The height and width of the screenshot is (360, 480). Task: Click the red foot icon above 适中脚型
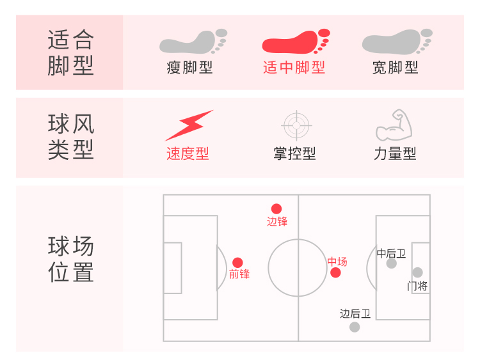296,42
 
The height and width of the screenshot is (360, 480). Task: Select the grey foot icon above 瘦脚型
193,42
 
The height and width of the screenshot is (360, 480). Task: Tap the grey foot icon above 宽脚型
397,42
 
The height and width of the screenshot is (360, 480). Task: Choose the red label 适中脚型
294,68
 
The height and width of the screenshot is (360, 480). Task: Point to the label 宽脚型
396,68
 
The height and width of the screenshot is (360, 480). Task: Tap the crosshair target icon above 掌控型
295,125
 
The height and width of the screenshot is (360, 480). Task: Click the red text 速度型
188,154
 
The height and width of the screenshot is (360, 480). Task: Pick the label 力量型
395,154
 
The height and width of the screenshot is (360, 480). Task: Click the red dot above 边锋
276,208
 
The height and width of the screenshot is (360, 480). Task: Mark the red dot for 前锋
237,262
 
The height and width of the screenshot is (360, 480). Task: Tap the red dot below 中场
335,273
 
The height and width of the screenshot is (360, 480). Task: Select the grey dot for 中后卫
392,263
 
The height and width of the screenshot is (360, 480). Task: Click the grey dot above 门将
417,272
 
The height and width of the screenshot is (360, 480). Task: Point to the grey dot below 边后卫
355,327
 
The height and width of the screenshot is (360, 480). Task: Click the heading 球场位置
70,260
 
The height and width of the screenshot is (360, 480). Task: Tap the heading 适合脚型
70,53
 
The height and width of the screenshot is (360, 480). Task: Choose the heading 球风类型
70,137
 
